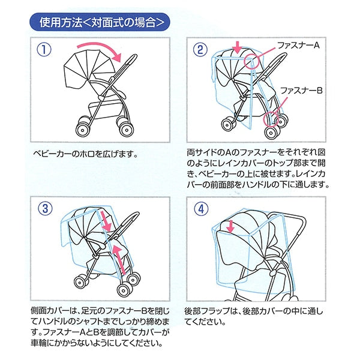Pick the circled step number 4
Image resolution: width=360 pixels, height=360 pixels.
[200, 208]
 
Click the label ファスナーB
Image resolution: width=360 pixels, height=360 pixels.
[302, 91]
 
